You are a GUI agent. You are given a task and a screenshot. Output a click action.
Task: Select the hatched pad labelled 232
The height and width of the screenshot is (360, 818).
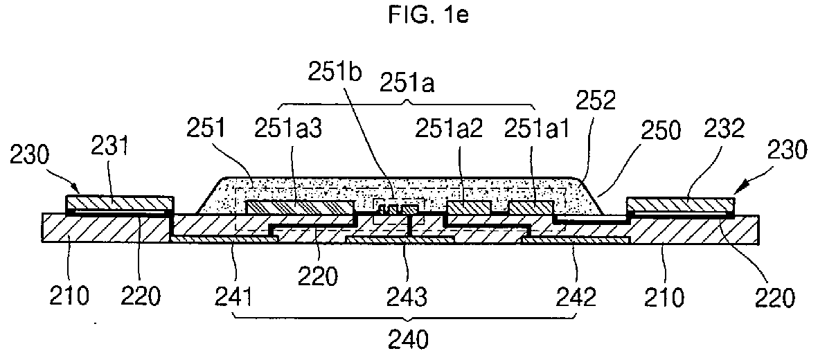(680, 206)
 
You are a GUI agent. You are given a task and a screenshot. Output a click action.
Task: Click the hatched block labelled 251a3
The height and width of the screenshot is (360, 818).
(300, 207)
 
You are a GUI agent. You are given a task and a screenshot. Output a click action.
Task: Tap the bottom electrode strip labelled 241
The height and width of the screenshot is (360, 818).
(224, 239)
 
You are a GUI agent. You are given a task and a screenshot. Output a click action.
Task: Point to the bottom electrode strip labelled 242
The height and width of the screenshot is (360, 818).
(576, 240)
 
